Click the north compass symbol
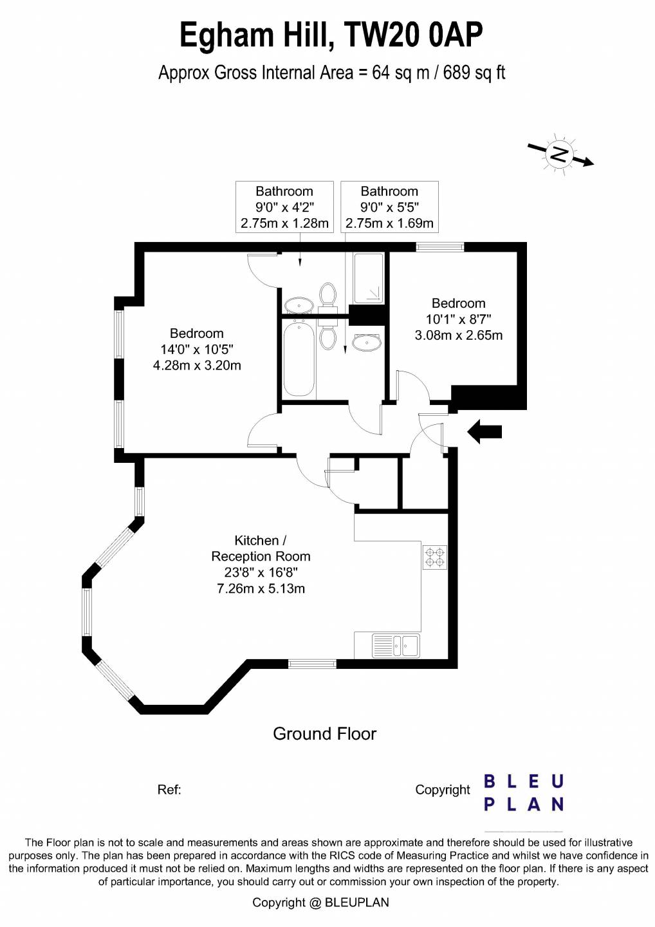click(x=560, y=156)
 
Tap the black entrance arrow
click(x=484, y=432)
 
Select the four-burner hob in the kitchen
click(x=435, y=557)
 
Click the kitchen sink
click(x=396, y=645)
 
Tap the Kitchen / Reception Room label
click(x=261, y=548)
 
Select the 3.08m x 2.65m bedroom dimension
click(x=459, y=335)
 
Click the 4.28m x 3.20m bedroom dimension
click(x=197, y=366)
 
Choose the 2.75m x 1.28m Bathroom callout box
click(x=284, y=207)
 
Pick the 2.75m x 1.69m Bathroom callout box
click(x=389, y=207)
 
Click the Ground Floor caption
click(x=325, y=734)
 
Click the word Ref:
click(x=169, y=790)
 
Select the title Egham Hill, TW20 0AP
click(x=331, y=35)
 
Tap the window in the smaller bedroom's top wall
click(x=440, y=247)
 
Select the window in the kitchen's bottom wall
click(x=312, y=664)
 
